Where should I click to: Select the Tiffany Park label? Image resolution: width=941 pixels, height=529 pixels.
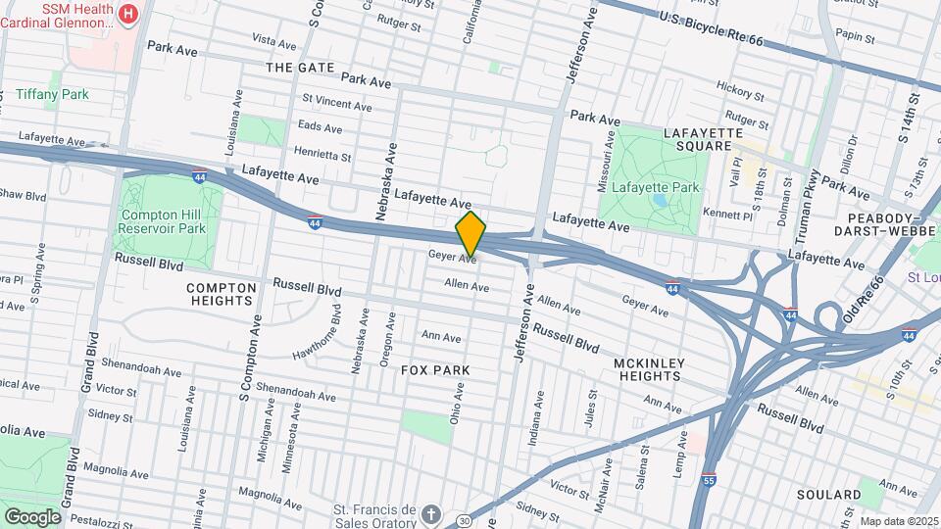pyautogui.click(x=52, y=94)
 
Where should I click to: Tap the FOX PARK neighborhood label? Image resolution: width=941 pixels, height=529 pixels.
pyautogui.click(x=435, y=370)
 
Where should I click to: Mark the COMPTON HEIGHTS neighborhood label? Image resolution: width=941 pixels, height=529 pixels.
pyautogui.click(x=222, y=294)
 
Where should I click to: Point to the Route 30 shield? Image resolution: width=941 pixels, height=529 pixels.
pyautogui.click(x=464, y=519)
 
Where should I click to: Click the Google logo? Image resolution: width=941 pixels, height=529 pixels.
pyautogui.click(x=32, y=516)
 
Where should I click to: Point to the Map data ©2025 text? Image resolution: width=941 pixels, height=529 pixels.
pyautogui.click(x=897, y=521)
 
